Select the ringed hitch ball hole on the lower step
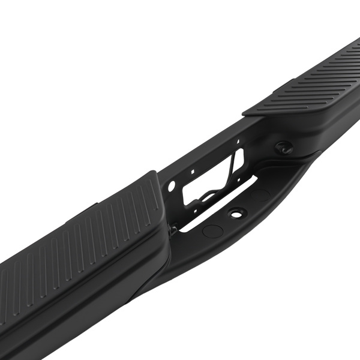(x=238, y=212)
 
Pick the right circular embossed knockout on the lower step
(x=261, y=195)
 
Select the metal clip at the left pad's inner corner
(x=171, y=229)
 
